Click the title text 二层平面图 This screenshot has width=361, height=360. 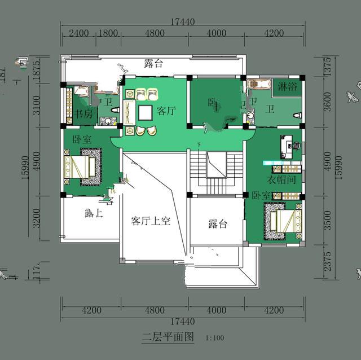[168, 337]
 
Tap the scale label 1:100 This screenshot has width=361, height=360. [215, 339]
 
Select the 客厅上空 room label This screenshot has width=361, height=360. [151, 221]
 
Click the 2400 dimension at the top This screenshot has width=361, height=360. [78, 33]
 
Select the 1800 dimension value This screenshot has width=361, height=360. [107, 33]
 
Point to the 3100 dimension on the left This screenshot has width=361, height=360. [37, 106]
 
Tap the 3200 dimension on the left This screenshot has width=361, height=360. [37, 218]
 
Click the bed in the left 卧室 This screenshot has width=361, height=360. [82, 166]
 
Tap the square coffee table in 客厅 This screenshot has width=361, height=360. [145, 112]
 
